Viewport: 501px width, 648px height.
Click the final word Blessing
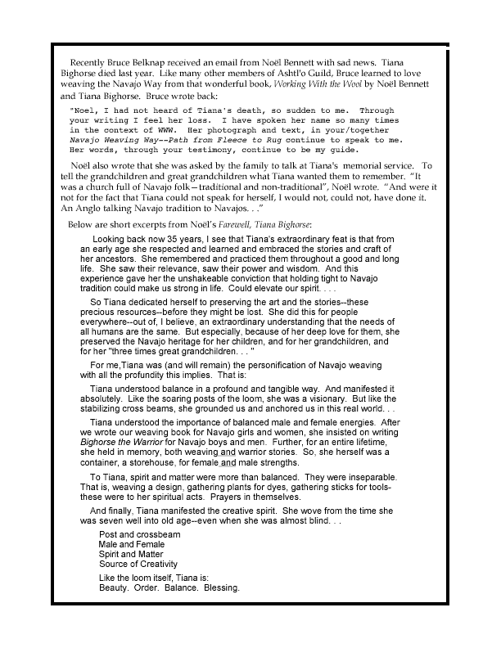click(221, 587)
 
